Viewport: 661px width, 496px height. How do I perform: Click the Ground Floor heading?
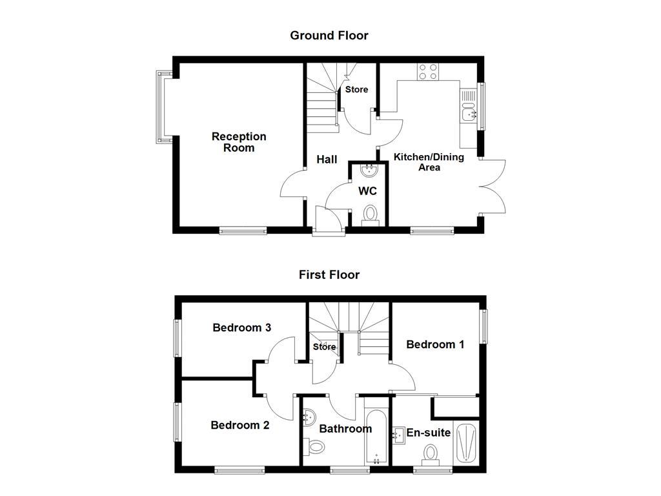click(329, 36)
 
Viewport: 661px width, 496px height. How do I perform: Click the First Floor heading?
click(329, 274)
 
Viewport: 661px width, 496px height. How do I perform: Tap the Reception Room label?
click(239, 142)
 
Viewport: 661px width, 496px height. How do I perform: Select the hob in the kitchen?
click(426, 71)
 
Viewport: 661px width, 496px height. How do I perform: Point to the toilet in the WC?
click(371, 214)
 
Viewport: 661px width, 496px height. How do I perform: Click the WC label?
click(367, 191)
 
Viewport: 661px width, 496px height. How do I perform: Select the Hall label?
click(327, 159)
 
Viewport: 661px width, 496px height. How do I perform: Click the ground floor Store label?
click(356, 90)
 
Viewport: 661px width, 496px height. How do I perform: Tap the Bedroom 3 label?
click(241, 327)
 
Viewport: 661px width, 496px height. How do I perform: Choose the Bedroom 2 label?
click(239, 425)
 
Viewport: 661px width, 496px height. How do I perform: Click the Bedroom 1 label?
click(435, 344)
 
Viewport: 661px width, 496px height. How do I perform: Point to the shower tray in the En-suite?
click(466, 442)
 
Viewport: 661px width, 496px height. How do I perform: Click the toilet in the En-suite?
click(431, 453)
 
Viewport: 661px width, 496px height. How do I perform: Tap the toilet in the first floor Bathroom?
click(314, 446)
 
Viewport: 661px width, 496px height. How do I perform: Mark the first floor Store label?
click(324, 347)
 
